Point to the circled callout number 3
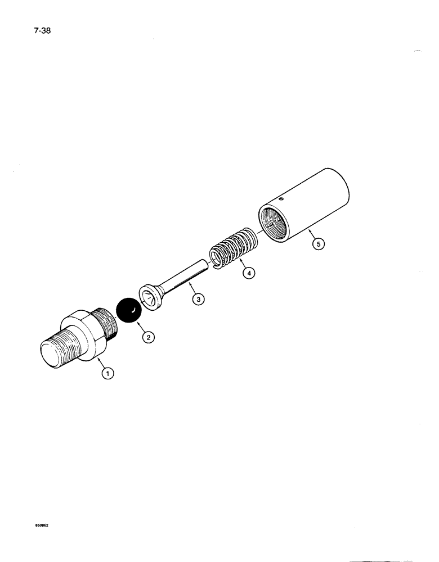pyautogui.click(x=198, y=300)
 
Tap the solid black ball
pyautogui.click(x=128, y=311)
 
